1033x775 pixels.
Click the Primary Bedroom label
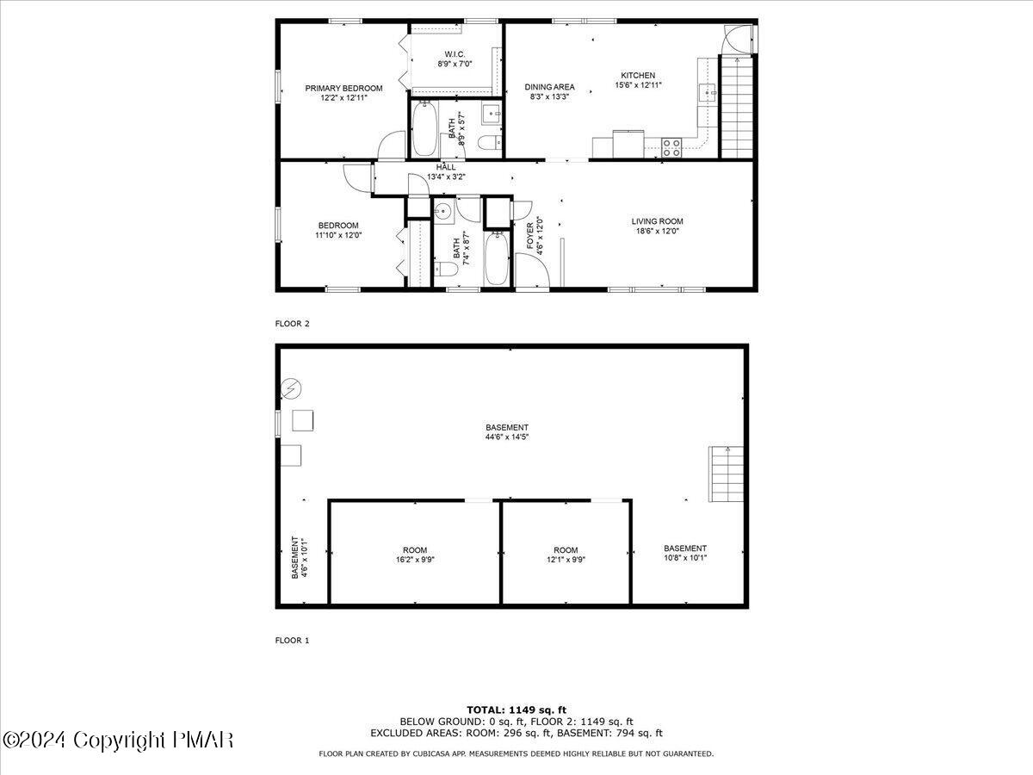[343, 88]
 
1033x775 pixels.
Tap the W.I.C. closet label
[455, 54]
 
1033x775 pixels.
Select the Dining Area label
[550, 87]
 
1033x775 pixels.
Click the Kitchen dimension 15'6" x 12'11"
[638, 85]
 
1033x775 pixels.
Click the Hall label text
[446, 167]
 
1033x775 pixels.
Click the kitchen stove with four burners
[671, 147]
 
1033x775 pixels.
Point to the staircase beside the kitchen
[736, 107]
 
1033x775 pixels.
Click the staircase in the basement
[726, 474]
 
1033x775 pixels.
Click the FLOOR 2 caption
[292, 324]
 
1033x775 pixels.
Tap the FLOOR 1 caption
[292, 640]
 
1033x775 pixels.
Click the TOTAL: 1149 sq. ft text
[516, 710]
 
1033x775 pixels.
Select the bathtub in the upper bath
[424, 129]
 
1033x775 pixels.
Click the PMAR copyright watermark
[118, 740]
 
